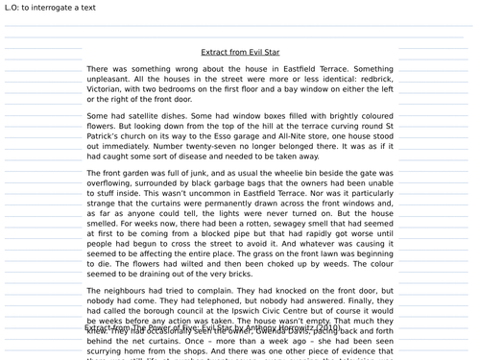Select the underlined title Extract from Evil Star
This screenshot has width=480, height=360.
(241, 52)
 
